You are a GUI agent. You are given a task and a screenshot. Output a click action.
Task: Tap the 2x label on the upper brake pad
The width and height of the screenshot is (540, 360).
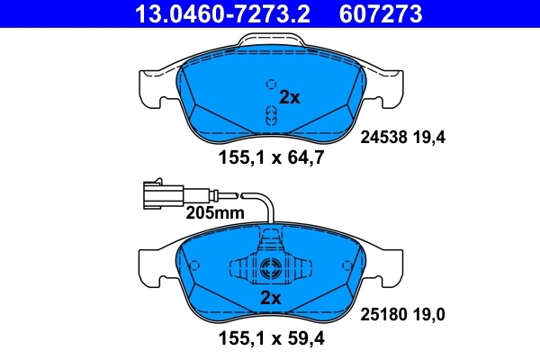pos(289,97)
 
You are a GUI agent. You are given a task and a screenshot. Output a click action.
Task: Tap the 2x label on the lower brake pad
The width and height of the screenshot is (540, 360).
pos(271,298)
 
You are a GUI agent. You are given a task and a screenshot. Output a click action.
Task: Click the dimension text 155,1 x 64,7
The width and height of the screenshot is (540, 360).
pos(271,160)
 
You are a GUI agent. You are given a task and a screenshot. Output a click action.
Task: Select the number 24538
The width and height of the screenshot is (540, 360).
pos(383,138)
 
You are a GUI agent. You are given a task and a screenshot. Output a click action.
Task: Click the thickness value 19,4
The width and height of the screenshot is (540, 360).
pos(429,138)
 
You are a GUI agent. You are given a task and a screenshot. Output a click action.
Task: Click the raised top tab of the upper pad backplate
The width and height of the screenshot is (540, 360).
pos(271,41)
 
